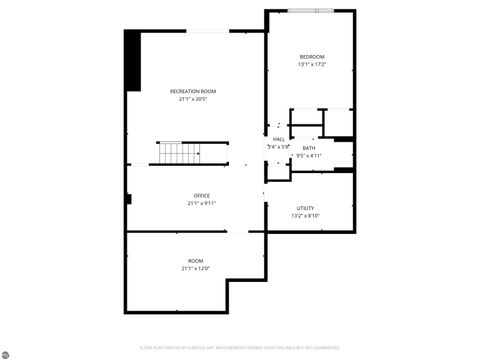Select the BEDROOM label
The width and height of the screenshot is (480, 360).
(x=312, y=57)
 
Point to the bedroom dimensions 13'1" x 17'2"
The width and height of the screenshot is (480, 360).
(x=312, y=65)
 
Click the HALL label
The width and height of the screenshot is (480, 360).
(x=278, y=139)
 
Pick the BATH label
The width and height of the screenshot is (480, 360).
(x=309, y=148)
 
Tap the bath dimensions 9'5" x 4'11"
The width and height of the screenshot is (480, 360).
(x=309, y=156)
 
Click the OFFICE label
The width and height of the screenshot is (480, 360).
(x=201, y=195)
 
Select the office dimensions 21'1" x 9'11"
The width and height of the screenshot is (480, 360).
(x=201, y=203)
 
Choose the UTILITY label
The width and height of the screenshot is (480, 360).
(x=305, y=207)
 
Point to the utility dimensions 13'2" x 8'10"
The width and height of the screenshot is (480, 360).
(x=305, y=215)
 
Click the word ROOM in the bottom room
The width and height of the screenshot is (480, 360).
(x=196, y=260)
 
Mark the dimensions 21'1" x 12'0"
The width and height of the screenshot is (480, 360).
(x=196, y=268)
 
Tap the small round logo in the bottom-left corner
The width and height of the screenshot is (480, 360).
(x=8, y=352)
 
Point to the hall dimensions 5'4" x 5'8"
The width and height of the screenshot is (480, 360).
(x=278, y=147)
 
